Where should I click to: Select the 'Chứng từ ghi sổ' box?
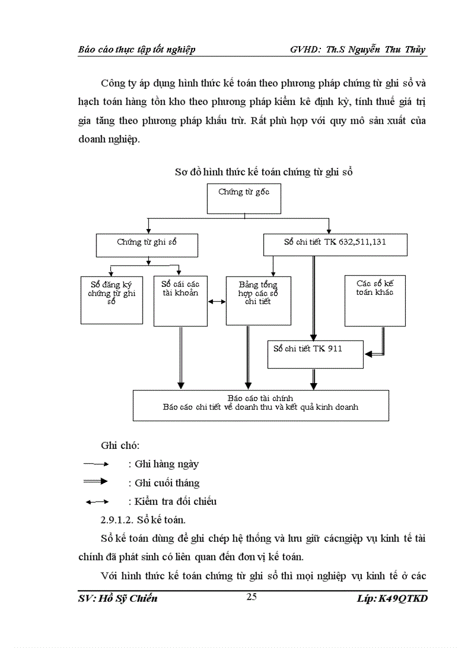[x=147, y=245]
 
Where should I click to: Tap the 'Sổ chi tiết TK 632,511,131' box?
[x=335, y=245]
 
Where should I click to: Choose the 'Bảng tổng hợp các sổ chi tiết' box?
[x=258, y=300]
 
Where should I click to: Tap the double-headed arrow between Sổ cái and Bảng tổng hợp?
[x=216, y=301]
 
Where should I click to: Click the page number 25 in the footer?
[x=252, y=597]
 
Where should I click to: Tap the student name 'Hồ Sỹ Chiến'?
[x=127, y=598]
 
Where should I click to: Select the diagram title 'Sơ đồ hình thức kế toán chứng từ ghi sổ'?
[x=263, y=172]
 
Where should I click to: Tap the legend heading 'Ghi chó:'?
[x=120, y=445]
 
